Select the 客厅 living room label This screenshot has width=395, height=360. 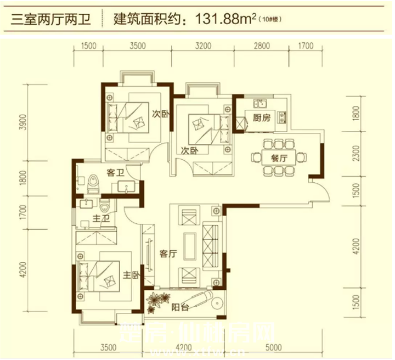pyautogui.click(x=167, y=254)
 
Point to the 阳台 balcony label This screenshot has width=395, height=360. pyautogui.click(x=180, y=308)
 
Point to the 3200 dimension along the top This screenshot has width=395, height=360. pyautogui.click(x=203, y=47)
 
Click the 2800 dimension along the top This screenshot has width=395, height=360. pyautogui.click(x=262, y=47)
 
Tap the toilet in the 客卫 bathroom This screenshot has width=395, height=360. pyautogui.click(x=94, y=181)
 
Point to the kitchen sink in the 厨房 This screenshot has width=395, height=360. pyautogui.click(x=259, y=103)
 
